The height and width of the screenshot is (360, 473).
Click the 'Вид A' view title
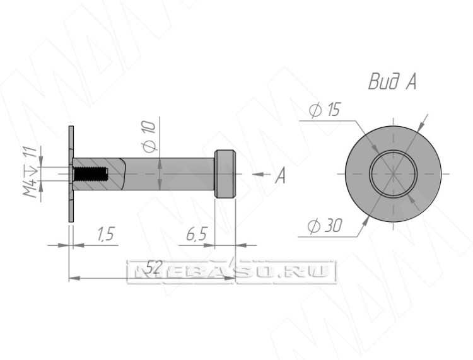pos(392,81)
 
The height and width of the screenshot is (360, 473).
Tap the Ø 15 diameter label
pos(325,110)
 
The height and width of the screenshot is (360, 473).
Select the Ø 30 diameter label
pos(325,226)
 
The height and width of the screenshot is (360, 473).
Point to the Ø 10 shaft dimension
pos(149,136)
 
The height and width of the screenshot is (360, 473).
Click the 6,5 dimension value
pos(197,234)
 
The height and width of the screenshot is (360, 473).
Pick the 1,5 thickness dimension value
pos(106,234)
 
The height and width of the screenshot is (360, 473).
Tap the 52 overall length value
pos(154,267)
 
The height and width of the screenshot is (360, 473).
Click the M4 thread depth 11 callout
pos(31,171)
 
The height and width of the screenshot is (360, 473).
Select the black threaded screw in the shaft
pos(90,174)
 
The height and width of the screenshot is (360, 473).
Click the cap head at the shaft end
pos(225,174)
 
